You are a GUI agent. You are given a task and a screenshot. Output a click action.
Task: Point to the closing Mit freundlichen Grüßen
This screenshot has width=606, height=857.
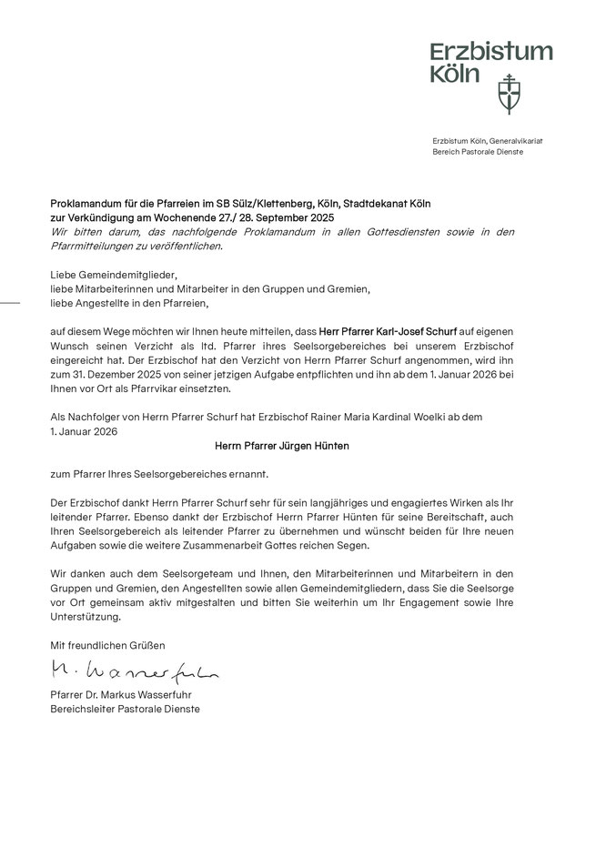point(107,645)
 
